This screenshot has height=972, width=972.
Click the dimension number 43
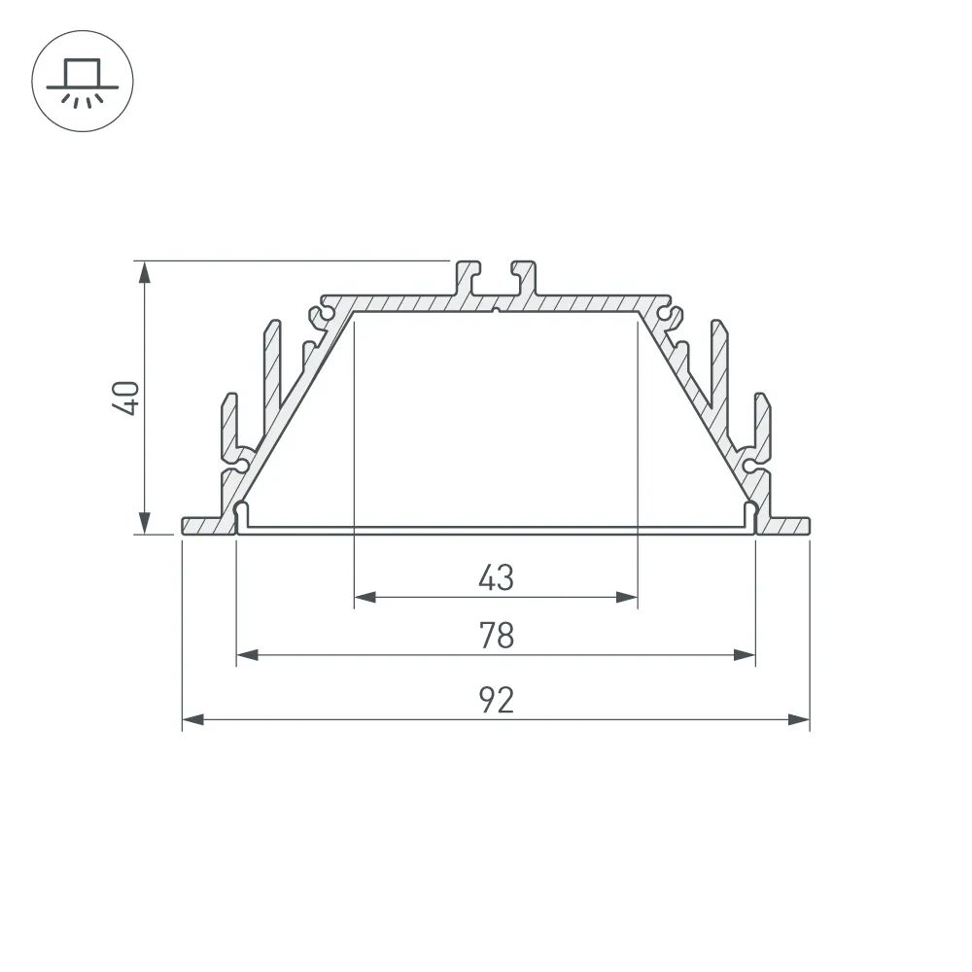point(496,578)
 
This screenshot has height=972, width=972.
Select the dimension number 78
point(496,637)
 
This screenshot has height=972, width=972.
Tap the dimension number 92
point(496,700)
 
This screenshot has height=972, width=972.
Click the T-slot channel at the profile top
point(496,282)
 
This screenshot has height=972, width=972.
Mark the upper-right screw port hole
point(669,315)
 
